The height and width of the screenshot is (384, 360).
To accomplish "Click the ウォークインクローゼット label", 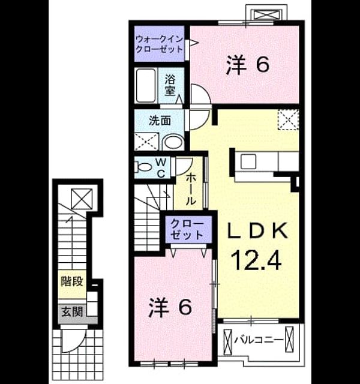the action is tap(159, 44).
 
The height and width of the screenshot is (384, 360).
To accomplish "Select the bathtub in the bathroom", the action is tap(146, 85).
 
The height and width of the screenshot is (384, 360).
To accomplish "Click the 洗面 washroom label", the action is tap(160, 121).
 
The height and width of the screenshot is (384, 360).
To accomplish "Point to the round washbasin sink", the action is tap(173, 142).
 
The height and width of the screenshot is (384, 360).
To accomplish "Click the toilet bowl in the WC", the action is tap(143, 167).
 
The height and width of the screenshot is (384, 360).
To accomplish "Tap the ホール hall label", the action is tap(191, 190).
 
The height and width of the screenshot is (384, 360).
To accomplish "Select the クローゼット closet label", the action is tap(187, 229).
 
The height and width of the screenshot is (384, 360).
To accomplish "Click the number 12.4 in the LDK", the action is tap(257, 261).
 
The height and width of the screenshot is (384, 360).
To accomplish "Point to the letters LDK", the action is tap(257, 230).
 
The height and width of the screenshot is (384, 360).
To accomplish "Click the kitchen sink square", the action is tap(248, 161).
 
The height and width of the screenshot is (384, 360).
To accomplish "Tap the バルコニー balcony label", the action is tap(259, 340).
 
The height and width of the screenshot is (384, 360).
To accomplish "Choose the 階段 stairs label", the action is tap(72, 281).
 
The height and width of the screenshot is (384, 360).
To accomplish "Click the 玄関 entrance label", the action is tap(72, 312).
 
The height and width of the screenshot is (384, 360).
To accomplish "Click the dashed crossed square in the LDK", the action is tap(288, 119).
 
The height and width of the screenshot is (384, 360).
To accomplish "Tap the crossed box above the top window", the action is tap(266, 14).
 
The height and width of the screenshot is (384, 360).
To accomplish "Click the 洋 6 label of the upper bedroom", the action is tap(248, 64).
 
